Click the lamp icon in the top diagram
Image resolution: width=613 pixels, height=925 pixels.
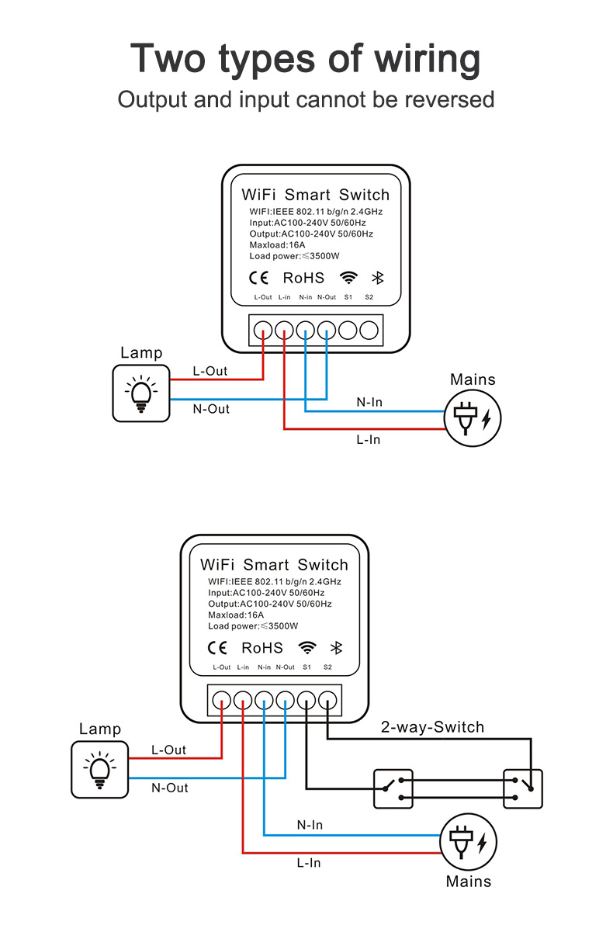(x=140, y=393)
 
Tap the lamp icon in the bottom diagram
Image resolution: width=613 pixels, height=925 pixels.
(x=99, y=769)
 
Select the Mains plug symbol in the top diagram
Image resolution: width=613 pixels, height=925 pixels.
(x=473, y=417)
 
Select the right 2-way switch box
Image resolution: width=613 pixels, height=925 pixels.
(x=522, y=789)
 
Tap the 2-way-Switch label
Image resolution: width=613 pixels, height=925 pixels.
(x=432, y=727)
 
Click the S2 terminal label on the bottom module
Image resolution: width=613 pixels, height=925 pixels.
(x=327, y=667)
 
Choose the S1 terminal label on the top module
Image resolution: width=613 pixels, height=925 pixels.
(x=348, y=297)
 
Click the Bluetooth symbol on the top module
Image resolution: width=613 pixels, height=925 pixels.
(x=379, y=278)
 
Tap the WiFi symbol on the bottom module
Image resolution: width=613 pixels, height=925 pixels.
(x=308, y=648)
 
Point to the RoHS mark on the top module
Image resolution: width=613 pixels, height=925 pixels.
(x=303, y=278)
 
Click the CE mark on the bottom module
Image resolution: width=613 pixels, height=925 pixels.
(x=217, y=648)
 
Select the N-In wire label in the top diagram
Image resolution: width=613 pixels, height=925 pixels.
(x=369, y=402)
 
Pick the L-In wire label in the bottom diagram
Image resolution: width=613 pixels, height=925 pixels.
(x=308, y=862)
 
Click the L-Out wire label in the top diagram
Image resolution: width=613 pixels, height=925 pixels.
(x=210, y=371)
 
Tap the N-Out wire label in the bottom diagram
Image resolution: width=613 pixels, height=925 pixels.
(x=170, y=788)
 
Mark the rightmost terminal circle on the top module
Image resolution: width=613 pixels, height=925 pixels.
(x=369, y=330)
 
